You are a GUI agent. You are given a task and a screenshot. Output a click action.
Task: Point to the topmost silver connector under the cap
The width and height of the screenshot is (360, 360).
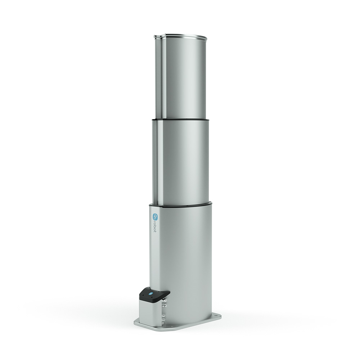tap(164, 300)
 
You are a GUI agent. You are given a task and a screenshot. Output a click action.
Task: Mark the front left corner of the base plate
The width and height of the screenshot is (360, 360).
tap(135, 322)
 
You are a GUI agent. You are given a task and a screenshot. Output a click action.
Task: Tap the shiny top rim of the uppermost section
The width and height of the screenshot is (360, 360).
tap(186, 36)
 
